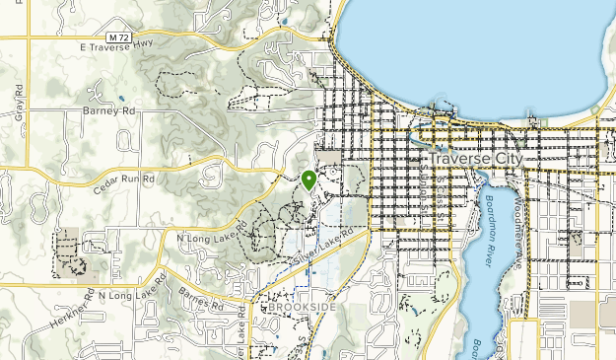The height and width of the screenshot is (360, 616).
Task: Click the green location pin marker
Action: (308, 180)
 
